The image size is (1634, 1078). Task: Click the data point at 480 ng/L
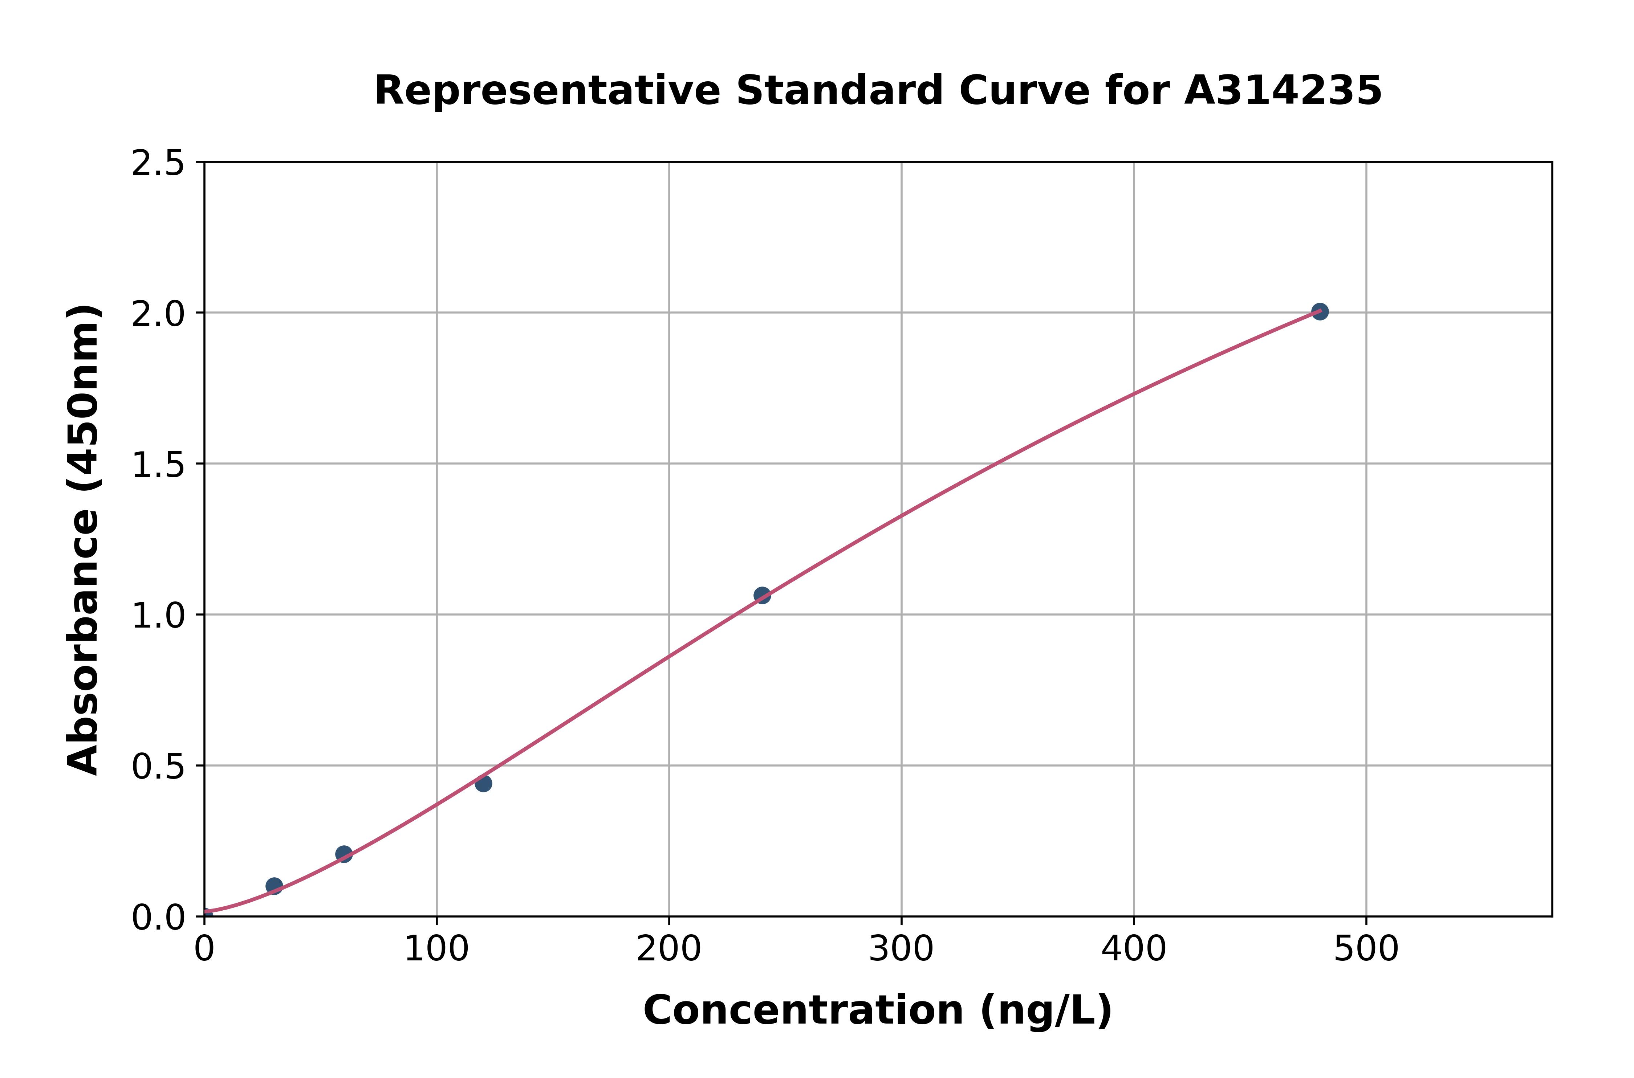pos(1319,311)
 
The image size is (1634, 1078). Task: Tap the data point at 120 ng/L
pos(483,783)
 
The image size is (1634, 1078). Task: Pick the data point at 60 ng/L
pos(344,854)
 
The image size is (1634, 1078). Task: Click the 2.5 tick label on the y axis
pos(158,164)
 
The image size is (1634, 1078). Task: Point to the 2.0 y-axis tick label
pos(158,314)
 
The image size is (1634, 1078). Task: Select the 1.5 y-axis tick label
pos(158,465)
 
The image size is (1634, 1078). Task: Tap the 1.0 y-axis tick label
pos(158,616)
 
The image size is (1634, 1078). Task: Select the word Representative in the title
pos(547,91)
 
